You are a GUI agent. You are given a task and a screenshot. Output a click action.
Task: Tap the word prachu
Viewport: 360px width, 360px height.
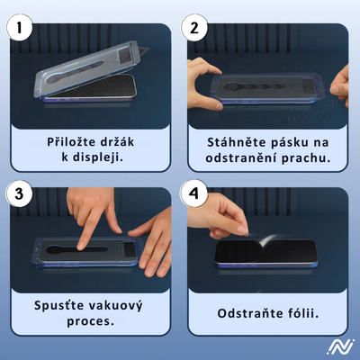pos(306,158)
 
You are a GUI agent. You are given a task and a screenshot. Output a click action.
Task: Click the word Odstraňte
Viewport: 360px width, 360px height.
pos(251,314)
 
